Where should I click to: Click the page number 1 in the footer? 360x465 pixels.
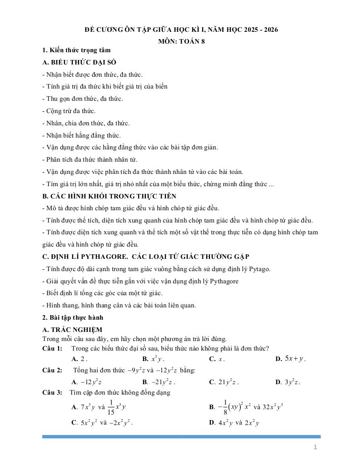click(x=315, y=448)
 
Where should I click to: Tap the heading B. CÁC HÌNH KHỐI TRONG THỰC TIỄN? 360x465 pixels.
click(x=109, y=196)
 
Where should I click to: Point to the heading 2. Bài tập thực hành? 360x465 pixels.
click(x=73, y=317)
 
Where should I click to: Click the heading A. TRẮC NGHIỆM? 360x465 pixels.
click(x=72, y=330)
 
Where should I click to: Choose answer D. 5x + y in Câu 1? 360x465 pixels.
click(x=291, y=359)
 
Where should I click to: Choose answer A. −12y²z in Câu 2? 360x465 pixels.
click(x=87, y=382)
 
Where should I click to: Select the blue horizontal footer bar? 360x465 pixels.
click(x=181, y=436)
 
